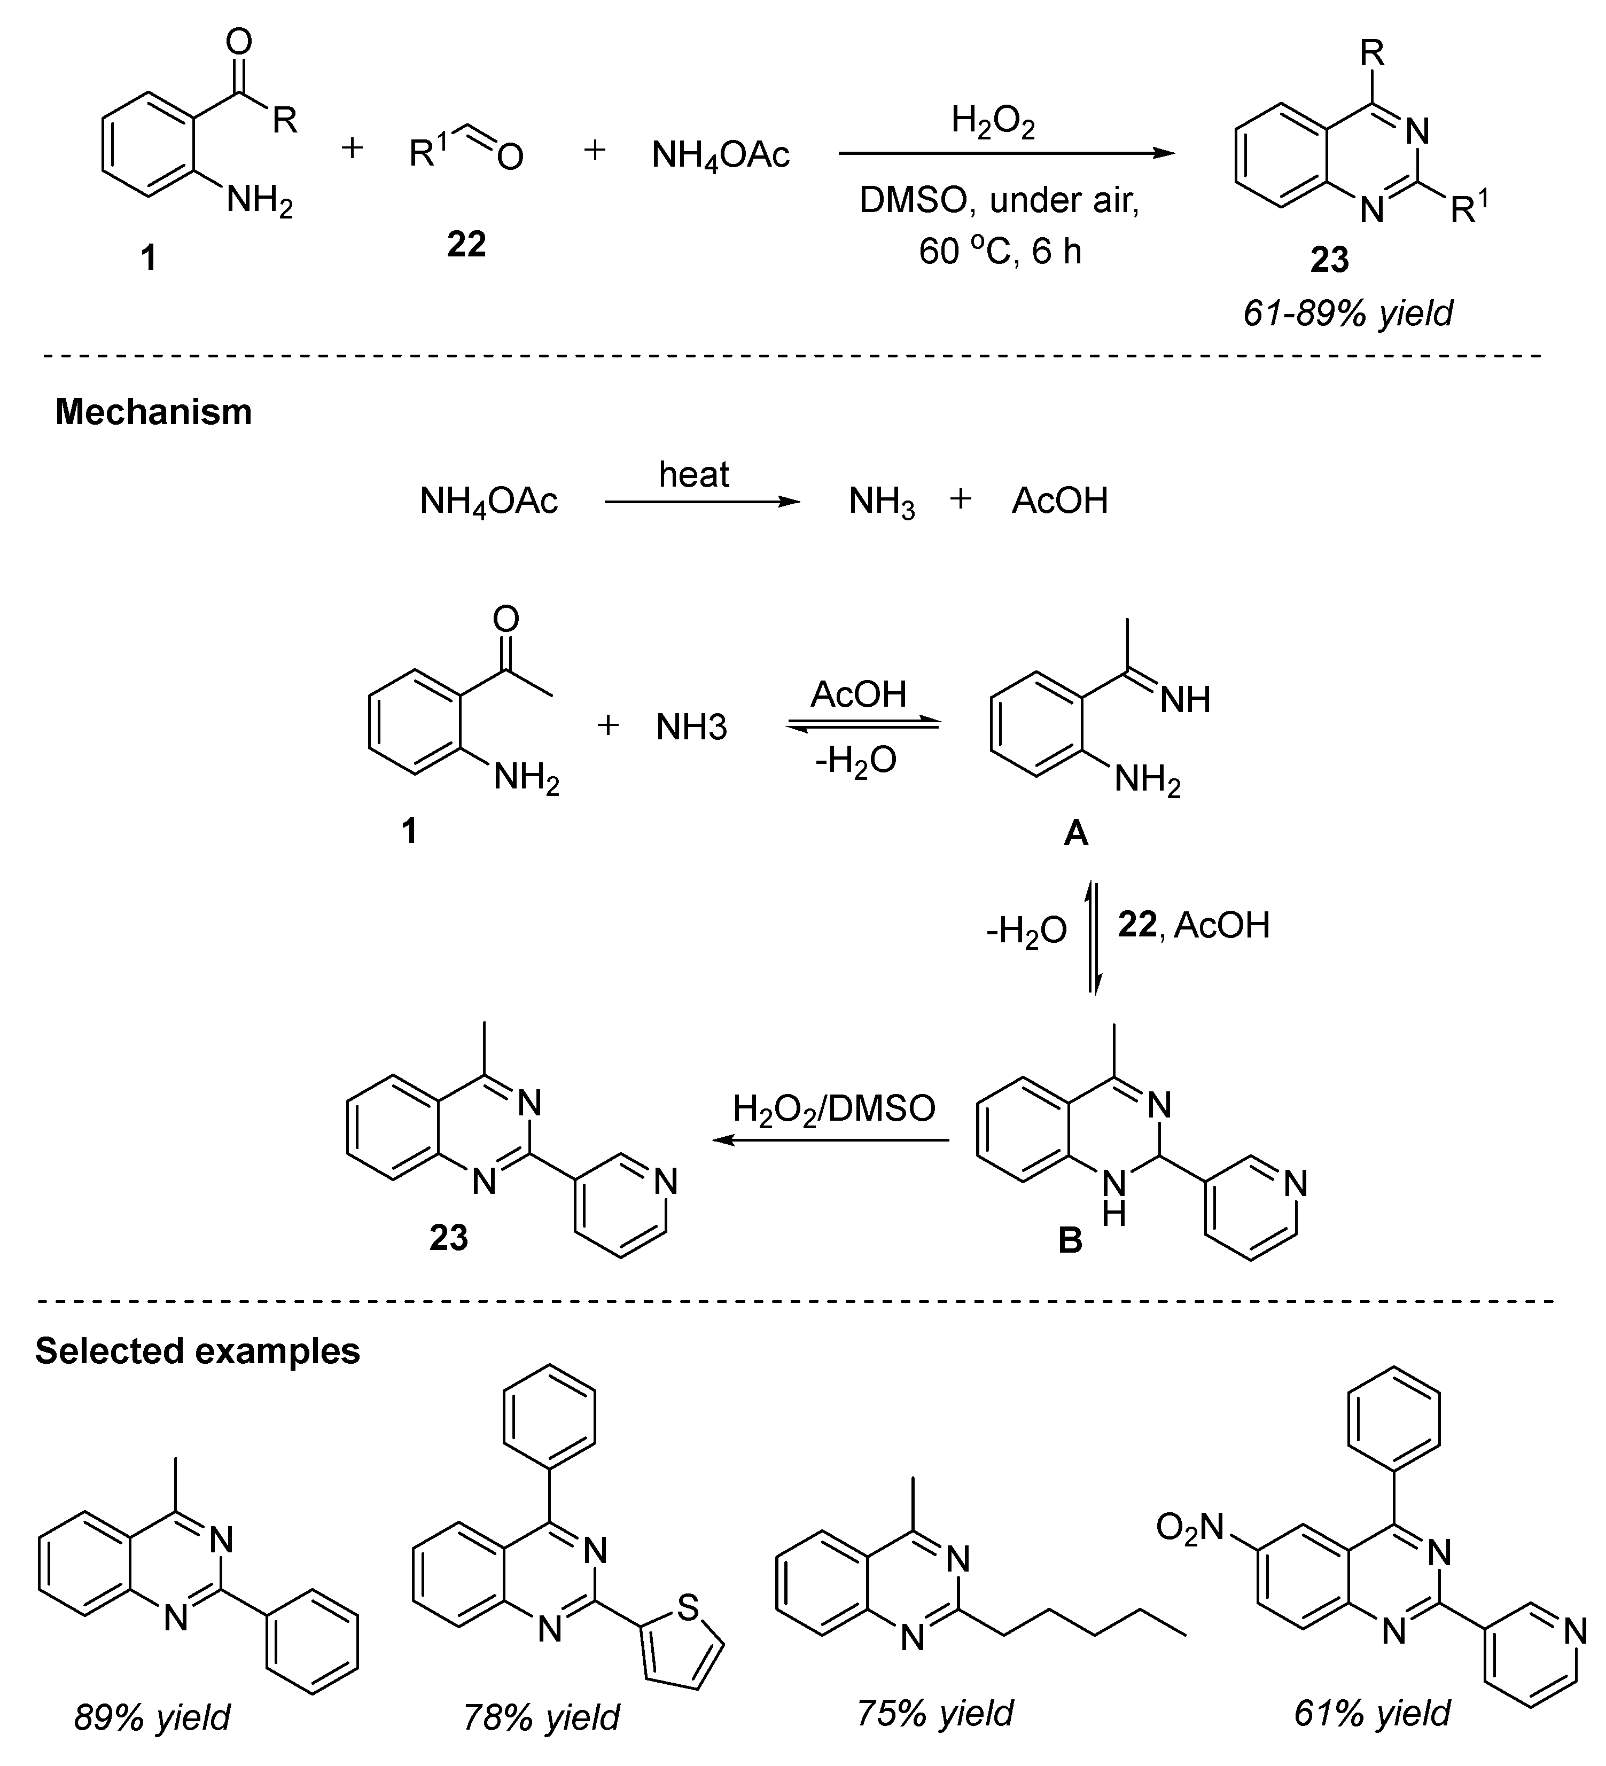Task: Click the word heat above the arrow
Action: click(x=694, y=475)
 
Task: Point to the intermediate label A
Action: click(x=1075, y=834)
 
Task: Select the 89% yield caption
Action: click(x=152, y=1718)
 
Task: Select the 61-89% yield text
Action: click(x=1347, y=312)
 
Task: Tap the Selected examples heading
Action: click(x=197, y=1351)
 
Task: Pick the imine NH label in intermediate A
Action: click(x=1184, y=699)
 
